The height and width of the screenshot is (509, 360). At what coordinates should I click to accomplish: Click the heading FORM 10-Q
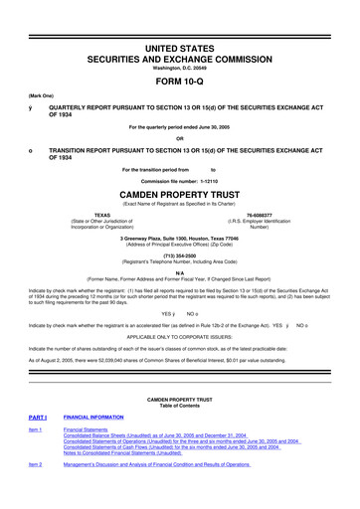coord(180,75)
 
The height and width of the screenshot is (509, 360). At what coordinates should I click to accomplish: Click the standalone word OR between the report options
coord(180,137)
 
